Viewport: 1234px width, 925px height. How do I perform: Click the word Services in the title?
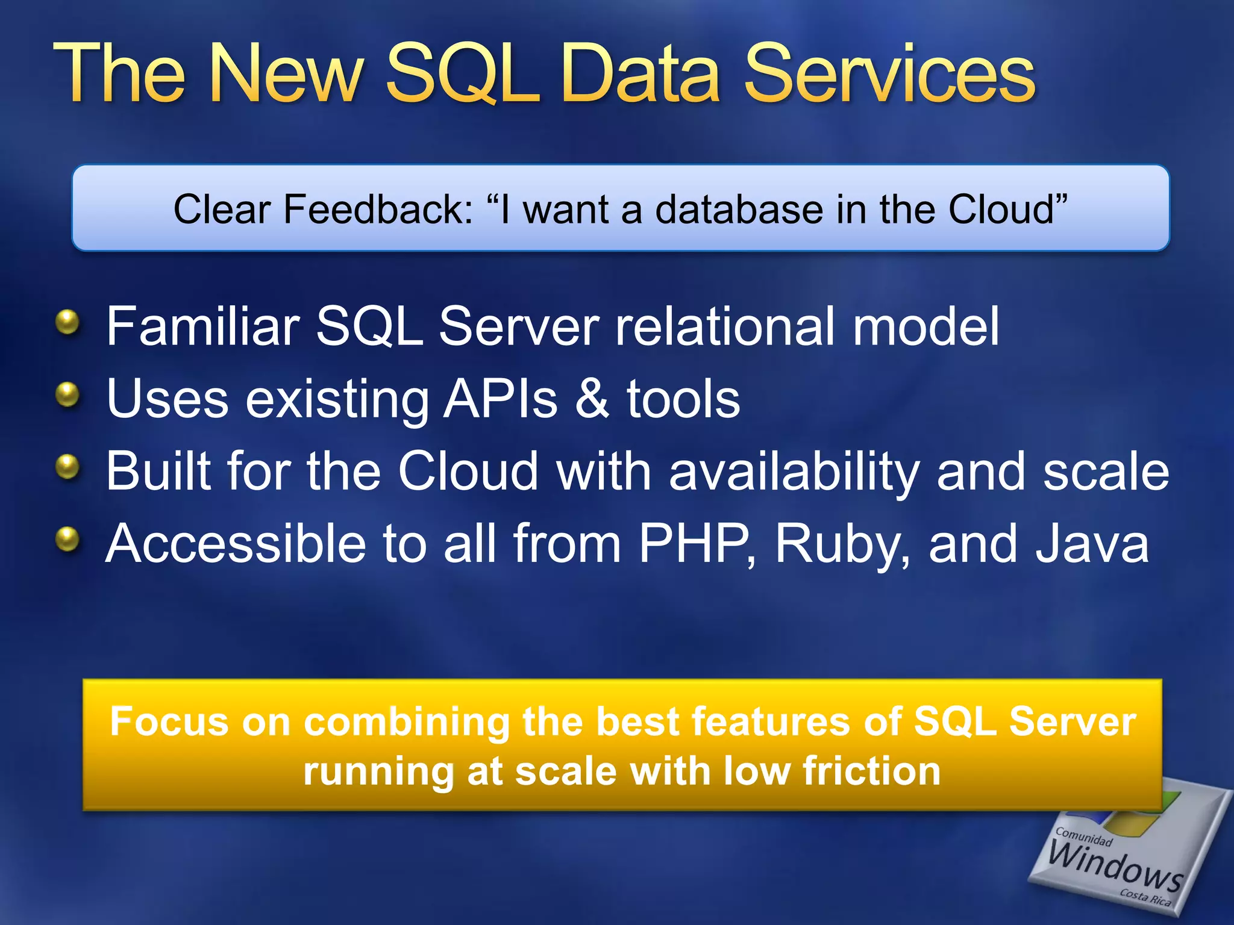point(889,75)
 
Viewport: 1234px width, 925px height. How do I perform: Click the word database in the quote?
point(739,209)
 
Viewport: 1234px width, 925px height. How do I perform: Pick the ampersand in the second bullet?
point(592,399)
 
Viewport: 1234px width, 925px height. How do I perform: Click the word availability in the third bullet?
point(794,472)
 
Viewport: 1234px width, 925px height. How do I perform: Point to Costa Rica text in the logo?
point(1145,898)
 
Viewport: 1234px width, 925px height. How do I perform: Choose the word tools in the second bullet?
point(683,399)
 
